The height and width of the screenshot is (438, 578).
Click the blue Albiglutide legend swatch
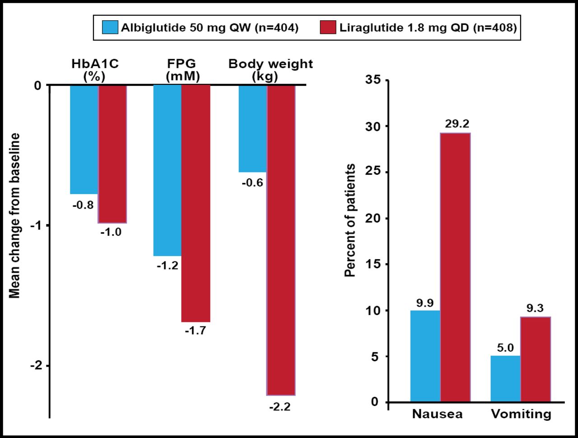110,28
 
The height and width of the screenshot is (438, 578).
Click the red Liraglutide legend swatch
328,28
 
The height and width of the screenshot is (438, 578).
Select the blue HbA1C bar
84,139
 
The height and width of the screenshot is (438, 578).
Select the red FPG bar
196,203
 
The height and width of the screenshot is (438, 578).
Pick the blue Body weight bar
253,128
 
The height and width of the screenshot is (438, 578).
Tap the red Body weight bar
281,239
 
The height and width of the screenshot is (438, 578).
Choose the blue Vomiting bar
505,378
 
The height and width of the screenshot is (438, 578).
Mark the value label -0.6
252,183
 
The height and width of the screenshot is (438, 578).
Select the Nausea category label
437,414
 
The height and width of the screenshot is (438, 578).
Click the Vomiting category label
521,414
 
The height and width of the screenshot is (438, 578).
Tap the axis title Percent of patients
350,220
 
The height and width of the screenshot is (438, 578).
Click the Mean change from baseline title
15,216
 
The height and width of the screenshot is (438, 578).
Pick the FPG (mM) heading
182,70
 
